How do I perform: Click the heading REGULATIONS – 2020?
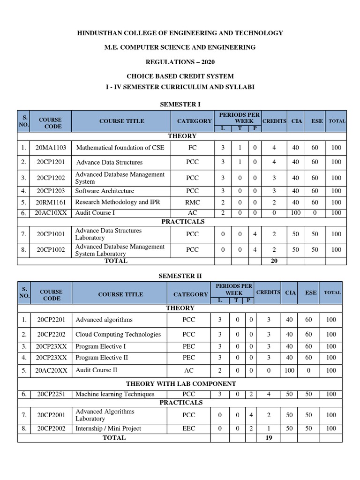[180, 62]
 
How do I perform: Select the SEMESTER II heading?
[180, 277]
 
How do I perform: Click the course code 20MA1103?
[51, 148]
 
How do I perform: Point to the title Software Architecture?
[105, 191]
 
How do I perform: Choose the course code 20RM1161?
[51, 202]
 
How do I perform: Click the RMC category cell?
[192, 202]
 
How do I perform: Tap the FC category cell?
[192, 148]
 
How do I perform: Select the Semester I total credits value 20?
[274, 261]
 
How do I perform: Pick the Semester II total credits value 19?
[269, 438]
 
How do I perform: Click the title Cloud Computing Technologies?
[118, 335]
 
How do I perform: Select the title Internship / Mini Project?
[108, 428]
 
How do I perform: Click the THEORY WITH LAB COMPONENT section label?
[180, 384]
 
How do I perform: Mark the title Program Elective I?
[101, 347]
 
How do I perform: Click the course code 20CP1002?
[51, 250]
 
